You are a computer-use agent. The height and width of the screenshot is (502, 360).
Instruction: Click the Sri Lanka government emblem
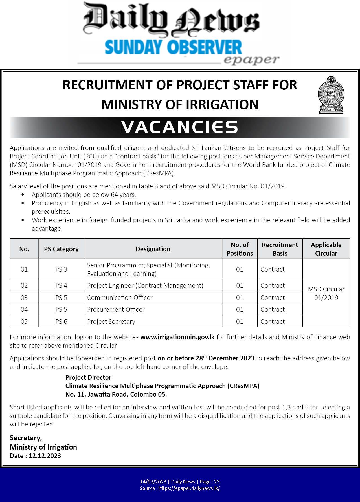(331, 95)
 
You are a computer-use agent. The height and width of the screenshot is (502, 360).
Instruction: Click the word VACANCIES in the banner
(179, 127)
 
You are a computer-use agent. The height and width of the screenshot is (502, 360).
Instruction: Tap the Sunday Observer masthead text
(173, 47)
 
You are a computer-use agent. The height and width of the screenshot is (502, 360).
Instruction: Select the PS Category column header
(61, 249)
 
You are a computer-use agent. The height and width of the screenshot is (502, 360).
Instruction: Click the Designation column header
(153, 249)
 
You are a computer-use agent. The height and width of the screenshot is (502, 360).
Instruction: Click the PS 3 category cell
(61, 269)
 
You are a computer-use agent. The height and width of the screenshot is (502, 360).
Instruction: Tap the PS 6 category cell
(61, 322)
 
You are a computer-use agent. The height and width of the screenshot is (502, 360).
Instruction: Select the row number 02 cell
(24, 285)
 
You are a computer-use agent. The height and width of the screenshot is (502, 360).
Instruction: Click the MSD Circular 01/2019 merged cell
(326, 293)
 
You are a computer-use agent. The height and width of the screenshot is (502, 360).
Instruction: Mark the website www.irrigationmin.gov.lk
(177, 337)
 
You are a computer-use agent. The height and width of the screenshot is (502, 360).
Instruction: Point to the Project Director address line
(88, 377)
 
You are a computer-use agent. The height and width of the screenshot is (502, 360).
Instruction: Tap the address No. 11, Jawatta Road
(116, 394)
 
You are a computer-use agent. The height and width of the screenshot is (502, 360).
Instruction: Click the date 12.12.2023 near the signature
(45, 456)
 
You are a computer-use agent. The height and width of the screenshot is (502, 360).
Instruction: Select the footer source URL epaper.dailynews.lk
(189, 488)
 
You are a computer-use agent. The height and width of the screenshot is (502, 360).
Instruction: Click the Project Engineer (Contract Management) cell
(145, 285)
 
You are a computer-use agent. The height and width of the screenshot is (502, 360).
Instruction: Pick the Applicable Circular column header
(326, 249)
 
